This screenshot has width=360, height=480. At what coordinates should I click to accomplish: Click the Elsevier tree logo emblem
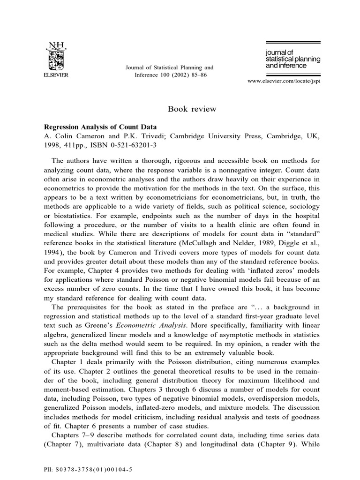(56, 59)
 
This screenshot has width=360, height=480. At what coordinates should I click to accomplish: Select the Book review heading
(192, 109)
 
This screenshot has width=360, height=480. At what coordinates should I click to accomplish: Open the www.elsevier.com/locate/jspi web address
(286, 81)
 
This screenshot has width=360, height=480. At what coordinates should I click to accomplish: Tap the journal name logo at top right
(286, 59)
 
